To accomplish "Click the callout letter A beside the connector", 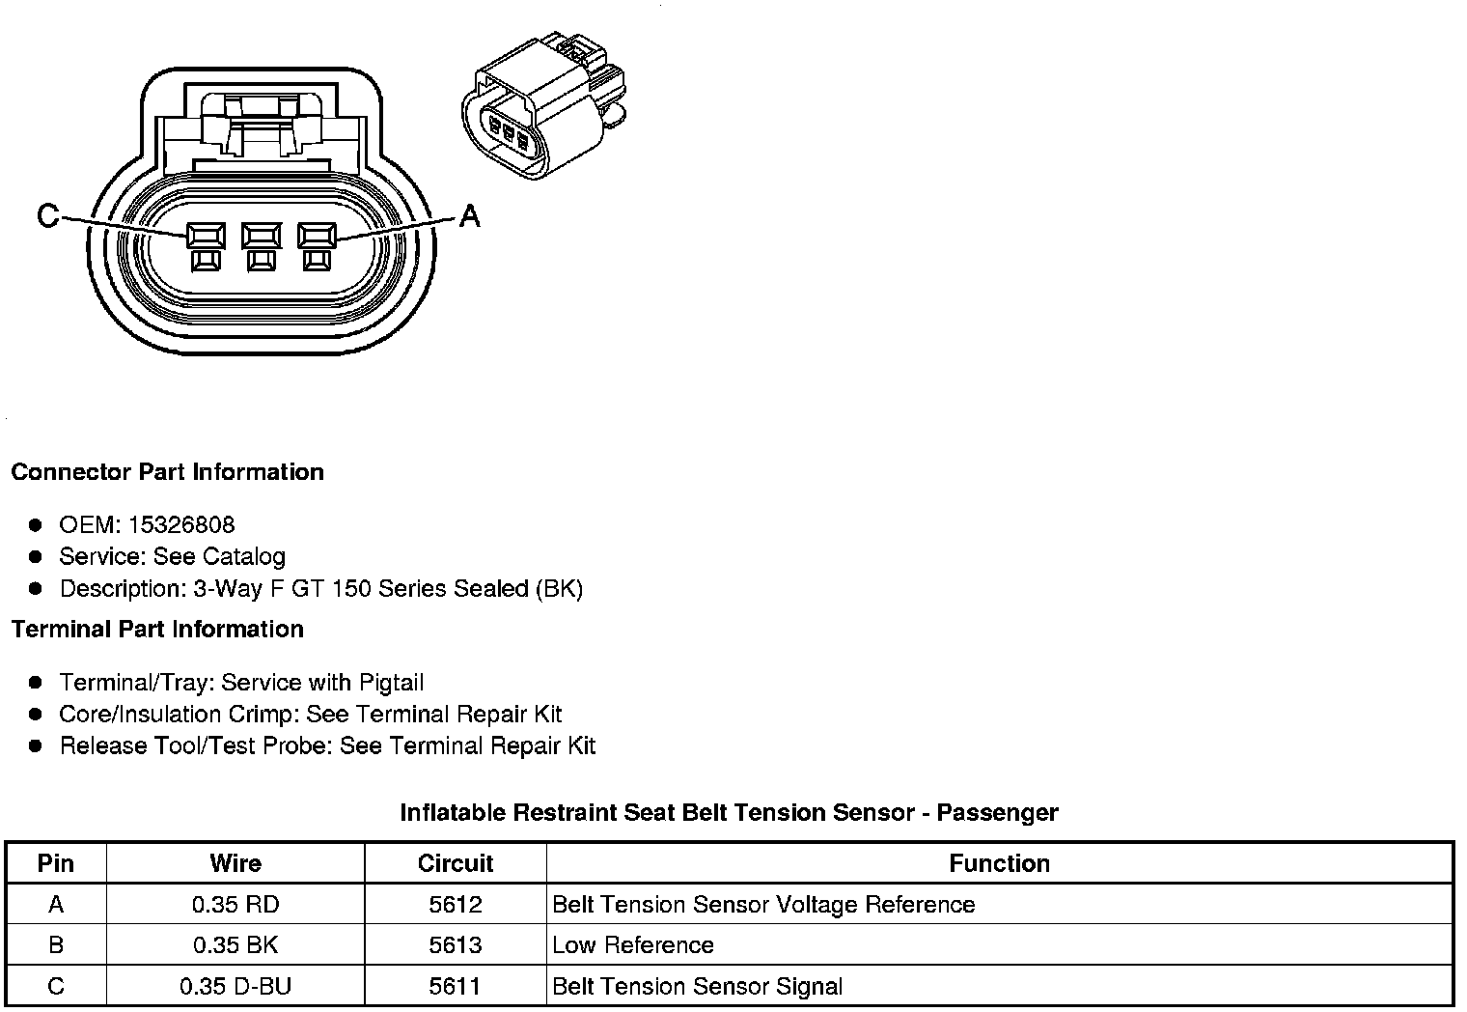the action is [x=469, y=215].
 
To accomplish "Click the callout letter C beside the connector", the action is [x=47, y=215].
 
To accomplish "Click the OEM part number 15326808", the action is [x=180, y=524].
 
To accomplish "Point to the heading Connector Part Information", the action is [x=167, y=472].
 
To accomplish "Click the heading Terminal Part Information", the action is [x=157, y=630].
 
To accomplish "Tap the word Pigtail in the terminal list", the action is [x=391, y=683].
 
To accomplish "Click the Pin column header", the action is [x=56, y=863].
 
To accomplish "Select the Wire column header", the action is [x=235, y=863].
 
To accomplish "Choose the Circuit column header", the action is [x=456, y=863].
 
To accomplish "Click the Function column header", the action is [x=999, y=863].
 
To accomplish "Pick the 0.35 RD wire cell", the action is [x=235, y=905].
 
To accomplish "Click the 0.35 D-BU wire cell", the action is [x=235, y=987].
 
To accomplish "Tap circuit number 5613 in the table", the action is [x=456, y=945].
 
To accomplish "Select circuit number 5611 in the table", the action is [x=456, y=987].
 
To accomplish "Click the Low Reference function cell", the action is [x=633, y=945].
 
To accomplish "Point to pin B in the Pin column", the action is [x=56, y=945].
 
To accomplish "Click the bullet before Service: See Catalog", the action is [x=36, y=557].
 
